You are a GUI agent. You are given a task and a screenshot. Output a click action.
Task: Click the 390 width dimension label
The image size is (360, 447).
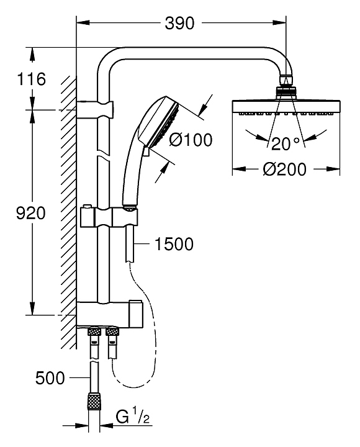click(179, 23)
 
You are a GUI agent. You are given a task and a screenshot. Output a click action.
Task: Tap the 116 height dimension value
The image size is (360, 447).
click(32, 79)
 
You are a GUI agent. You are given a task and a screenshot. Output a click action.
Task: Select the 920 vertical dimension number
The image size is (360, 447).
click(31, 213)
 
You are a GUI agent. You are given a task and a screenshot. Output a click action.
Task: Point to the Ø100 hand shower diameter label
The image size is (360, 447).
click(191, 140)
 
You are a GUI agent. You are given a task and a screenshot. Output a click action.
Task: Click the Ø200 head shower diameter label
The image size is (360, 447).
click(284, 169)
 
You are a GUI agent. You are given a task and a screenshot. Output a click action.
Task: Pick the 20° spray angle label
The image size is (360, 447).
click(286, 143)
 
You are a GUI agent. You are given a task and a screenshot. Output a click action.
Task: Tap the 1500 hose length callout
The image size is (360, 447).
click(174, 244)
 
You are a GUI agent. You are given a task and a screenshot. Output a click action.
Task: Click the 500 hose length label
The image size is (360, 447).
click(50, 378)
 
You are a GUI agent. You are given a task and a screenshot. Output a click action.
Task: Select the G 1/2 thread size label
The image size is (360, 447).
click(133, 417)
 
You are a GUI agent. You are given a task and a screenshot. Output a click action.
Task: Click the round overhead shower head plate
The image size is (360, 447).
click(286, 107)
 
